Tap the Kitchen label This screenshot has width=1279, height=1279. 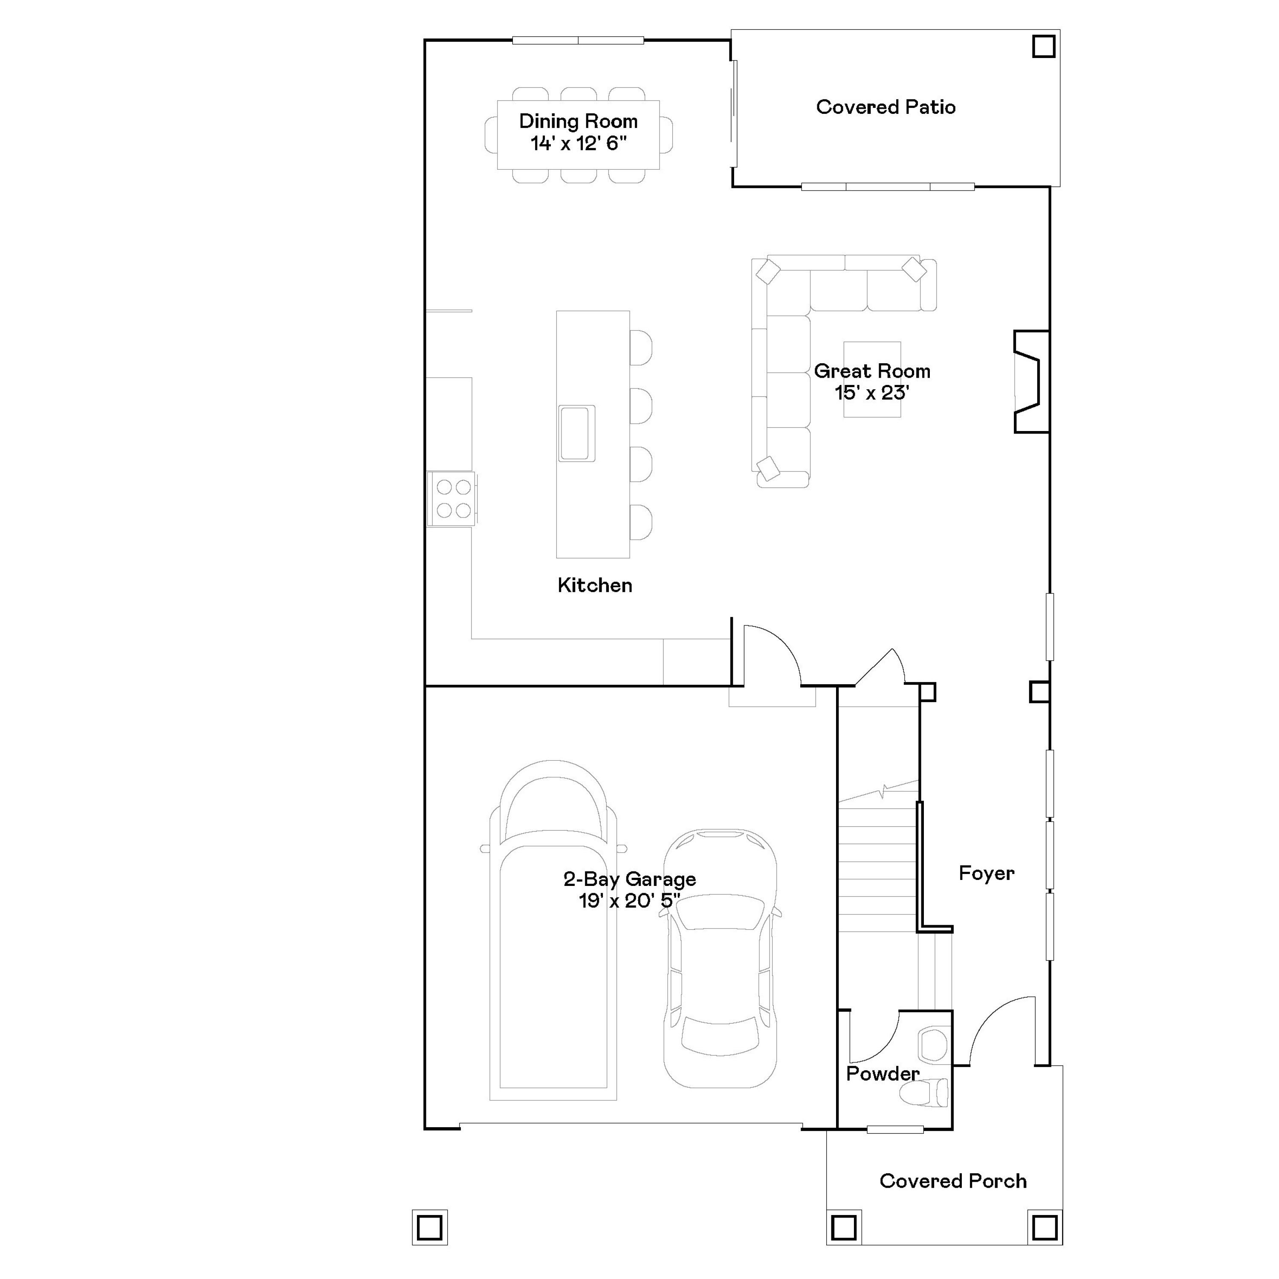tap(594, 585)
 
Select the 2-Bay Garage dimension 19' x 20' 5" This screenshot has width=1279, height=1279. tap(629, 901)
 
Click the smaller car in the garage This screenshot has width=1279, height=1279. tap(720, 960)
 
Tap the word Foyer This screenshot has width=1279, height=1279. tap(986, 873)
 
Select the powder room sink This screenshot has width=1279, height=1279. tap(934, 1045)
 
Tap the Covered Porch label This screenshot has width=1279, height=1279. tap(952, 1181)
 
